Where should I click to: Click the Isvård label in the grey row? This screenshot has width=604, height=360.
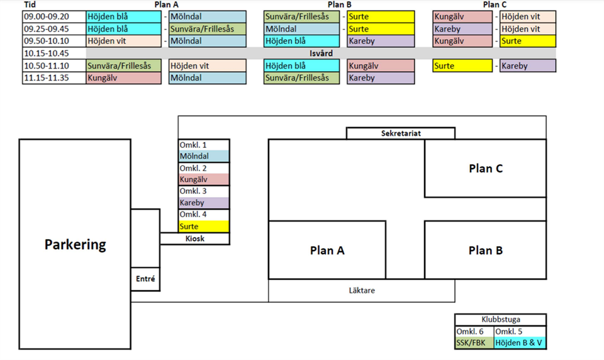point(322,53)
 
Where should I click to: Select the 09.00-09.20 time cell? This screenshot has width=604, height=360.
point(47,17)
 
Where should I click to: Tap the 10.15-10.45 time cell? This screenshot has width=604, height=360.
point(47,53)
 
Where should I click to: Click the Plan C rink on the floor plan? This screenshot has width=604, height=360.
point(485,168)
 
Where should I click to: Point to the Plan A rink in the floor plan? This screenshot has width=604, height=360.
point(327,250)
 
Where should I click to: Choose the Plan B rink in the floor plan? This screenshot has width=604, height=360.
point(485,250)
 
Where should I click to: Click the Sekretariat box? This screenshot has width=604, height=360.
point(400,133)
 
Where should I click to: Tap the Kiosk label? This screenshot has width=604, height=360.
point(194,239)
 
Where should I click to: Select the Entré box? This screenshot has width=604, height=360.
point(145,278)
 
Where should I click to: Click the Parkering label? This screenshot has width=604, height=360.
point(75,244)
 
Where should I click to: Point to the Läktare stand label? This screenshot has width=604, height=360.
point(362,290)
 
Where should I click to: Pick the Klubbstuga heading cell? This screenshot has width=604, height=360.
point(500,319)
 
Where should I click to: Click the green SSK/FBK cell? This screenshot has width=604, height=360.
point(473,343)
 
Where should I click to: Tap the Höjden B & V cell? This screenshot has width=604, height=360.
point(520,343)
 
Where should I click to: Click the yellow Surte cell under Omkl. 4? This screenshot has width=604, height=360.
point(204,227)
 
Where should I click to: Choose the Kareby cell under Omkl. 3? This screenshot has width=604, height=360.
point(204,203)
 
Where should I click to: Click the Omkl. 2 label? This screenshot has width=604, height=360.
point(204,168)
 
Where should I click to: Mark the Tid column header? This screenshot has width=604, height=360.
point(30,4)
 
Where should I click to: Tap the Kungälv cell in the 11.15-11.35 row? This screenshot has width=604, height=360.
point(123,78)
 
